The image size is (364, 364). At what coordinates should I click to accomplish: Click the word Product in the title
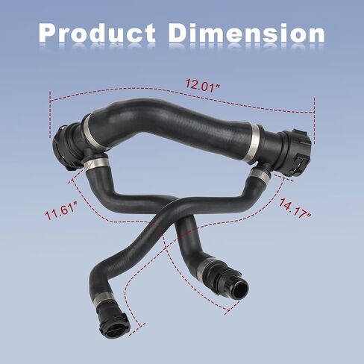[x=97, y=34]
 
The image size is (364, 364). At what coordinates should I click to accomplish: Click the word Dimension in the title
[x=247, y=33]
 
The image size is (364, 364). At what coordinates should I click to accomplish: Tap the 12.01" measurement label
[x=203, y=86]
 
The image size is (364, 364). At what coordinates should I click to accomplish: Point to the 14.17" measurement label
[x=295, y=209]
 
